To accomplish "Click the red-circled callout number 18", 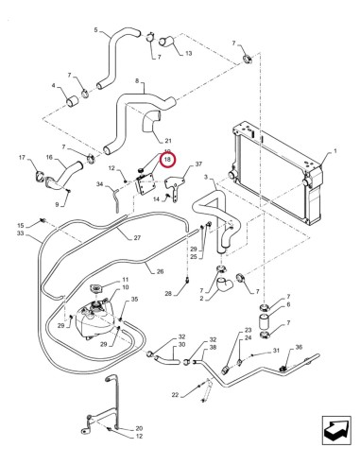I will coord(167,160).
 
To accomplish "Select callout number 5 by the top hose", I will coord(95,31).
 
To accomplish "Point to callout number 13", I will coord(187,53).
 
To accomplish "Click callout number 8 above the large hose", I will coord(138,81).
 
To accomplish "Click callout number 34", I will coord(98,185).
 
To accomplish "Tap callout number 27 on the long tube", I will coord(138,237).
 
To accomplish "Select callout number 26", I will coord(159,271).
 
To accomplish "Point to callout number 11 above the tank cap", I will coord(124,280).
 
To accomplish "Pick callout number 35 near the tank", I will coord(134,300).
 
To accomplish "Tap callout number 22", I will coord(176,394).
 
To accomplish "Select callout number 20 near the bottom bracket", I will coord(138,428).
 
